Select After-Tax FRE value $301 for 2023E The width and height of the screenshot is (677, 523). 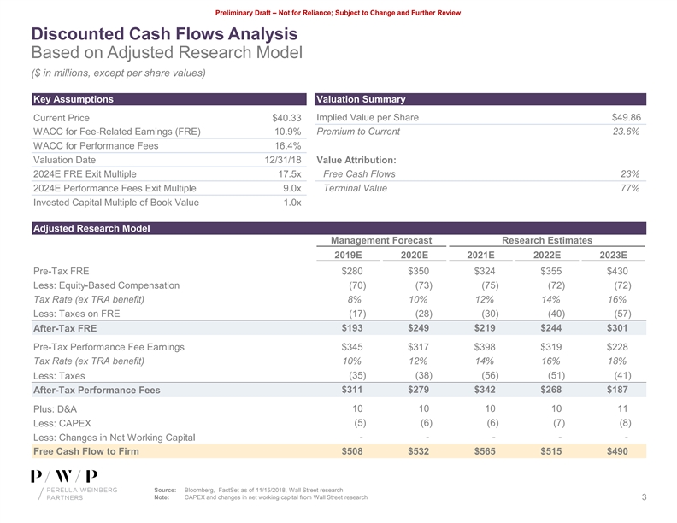point(616,328)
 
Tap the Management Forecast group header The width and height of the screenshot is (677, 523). point(382,241)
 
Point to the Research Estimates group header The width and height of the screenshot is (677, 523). point(548,241)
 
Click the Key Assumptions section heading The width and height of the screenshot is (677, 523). point(73,99)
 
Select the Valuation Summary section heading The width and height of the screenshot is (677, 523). point(361,99)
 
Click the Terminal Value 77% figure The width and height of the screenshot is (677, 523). point(630,188)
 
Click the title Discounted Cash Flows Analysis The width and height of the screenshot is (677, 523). point(164,34)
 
